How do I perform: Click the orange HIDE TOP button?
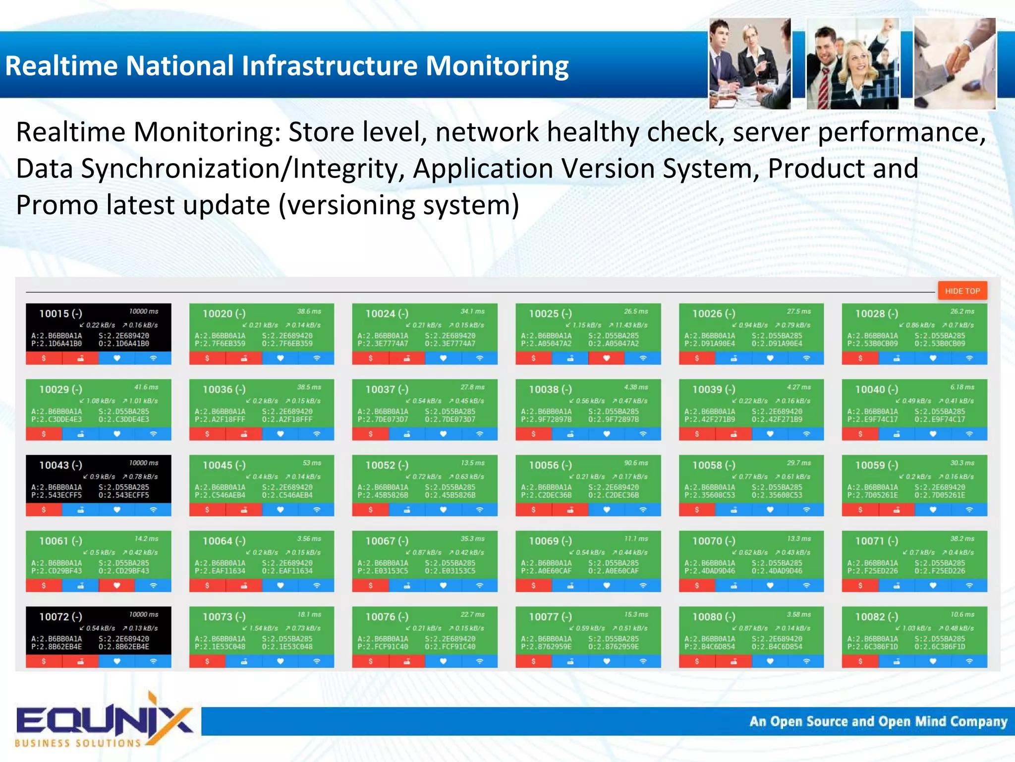click(x=962, y=291)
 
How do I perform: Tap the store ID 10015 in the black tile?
click(x=54, y=313)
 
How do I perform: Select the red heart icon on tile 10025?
click(x=606, y=358)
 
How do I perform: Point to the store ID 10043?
click(x=54, y=465)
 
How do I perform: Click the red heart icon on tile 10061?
click(x=117, y=586)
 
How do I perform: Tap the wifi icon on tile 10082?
click(x=969, y=661)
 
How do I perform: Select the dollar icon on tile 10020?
click(x=207, y=358)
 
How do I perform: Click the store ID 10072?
click(x=54, y=617)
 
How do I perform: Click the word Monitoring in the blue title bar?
click(x=497, y=65)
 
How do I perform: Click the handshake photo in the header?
click(x=955, y=63)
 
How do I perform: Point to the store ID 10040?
click(x=870, y=389)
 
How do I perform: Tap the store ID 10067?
click(x=380, y=541)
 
